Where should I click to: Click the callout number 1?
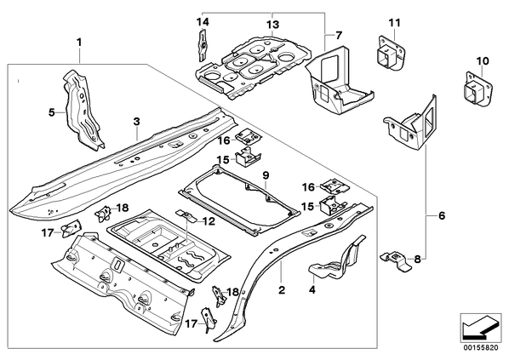(x=79, y=43)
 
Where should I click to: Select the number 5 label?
(x=52, y=112)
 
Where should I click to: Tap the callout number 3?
(x=137, y=122)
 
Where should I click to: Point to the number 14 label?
(x=203, y=22)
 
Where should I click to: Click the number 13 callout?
(x=272, y=25)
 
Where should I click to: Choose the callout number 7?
(x=339, y=35)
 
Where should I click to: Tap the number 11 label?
(x=394, y=23)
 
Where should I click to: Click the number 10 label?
(x=483, y=60)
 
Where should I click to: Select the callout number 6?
(x=442, y=215)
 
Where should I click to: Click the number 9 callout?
(x=266, y=175)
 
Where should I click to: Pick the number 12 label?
(x=209, y=221)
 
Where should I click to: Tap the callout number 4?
(x=312, y=289)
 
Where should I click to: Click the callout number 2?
(x=282, y=289)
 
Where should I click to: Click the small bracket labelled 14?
(x=203, y=45)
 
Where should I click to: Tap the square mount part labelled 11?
(x=392, y=54)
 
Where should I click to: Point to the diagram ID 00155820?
(x=480, y=347)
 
